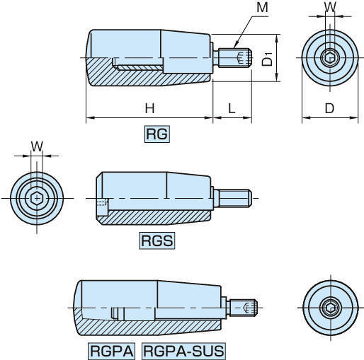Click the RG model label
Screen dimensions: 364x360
[x=157, y=134]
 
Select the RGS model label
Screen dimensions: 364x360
[x=157, y=240]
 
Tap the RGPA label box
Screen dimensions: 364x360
[x=112, y=351]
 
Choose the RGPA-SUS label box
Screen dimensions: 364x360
[x=183, y=351]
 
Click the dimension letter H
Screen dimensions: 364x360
[x=149, y=108]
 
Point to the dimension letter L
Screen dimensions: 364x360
[x=232, y=108]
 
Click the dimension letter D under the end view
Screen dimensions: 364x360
[x=329, y=108]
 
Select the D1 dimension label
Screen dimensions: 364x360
[x=268, y=59]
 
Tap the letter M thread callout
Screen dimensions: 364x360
[x=262, y=7]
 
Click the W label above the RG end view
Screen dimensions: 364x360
[x=330, y=7]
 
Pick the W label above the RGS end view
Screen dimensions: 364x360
[x=37, y=146]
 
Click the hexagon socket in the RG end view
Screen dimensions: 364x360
[x=330, y=57]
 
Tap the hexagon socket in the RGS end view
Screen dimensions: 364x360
[x=37, y=198]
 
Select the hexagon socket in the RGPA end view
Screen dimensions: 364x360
[x=331, y=308]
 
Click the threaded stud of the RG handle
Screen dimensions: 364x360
[x=235, y=57]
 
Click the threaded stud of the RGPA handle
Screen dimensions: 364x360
[x=244, y=308]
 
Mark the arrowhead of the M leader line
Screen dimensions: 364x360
[x=235, y=46]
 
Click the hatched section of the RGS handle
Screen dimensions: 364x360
[x=154, y=217]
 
